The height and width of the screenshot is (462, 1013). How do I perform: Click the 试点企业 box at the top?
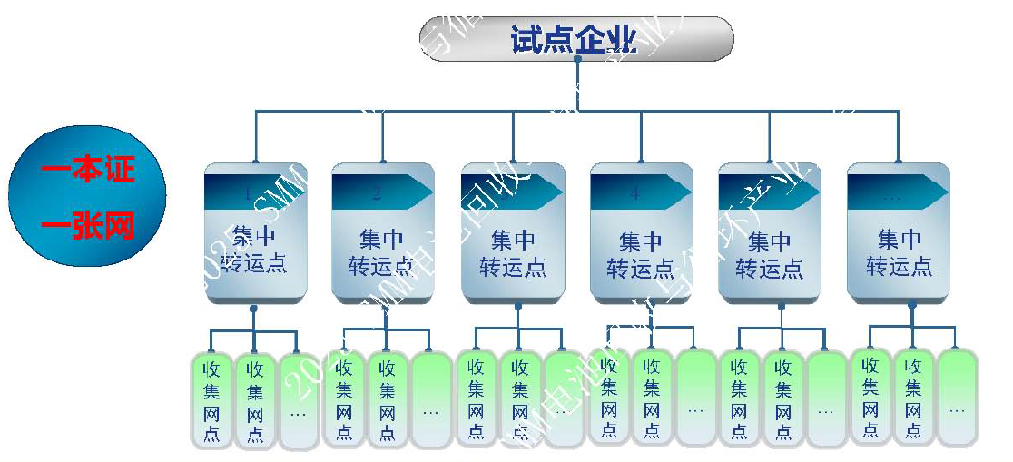[x=575, y=39]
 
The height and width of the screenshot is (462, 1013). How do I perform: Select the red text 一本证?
[x=88, y=169]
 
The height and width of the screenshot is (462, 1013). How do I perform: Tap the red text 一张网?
[x=88, y=224]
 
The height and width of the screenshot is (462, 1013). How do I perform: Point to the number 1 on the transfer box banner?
[x=247, y=192]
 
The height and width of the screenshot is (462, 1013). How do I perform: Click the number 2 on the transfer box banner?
[x=377, y=192]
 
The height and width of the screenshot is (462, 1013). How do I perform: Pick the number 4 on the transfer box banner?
[x=634, y=192]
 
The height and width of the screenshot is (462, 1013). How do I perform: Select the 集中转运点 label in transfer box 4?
[x=641, y=254]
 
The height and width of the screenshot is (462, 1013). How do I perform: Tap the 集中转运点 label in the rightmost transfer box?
[x=899, y=252]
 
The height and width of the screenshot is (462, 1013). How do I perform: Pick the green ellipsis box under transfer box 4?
[x=695, y=399]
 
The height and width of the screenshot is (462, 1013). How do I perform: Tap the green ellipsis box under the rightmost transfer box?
[x=957, y=398]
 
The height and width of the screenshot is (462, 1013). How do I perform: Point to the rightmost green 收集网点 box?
[x=913, y=398]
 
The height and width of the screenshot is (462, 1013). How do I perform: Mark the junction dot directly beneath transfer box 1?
[x=254, y=310]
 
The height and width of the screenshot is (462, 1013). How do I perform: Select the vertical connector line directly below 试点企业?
[x=577, y=85]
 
